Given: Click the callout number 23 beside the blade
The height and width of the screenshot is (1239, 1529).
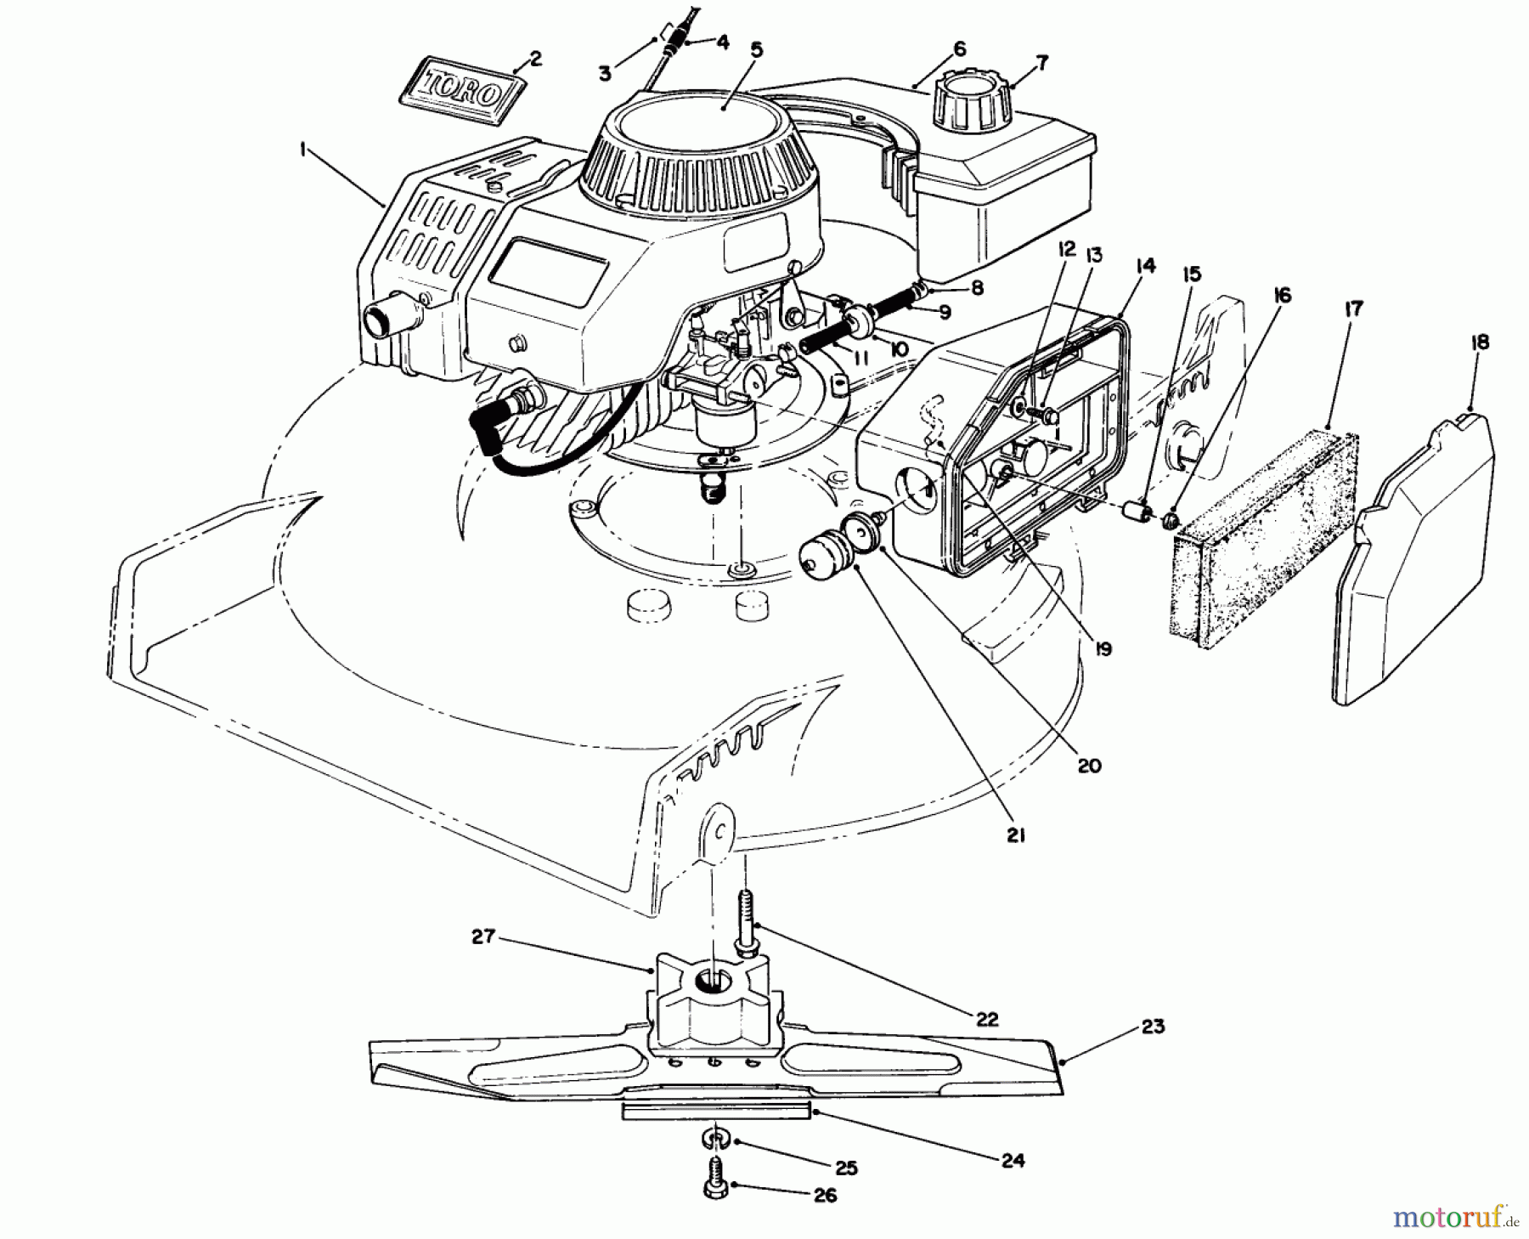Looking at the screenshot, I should pos(1153,1027).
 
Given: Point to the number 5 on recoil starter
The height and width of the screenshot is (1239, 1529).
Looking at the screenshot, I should pos(756,50).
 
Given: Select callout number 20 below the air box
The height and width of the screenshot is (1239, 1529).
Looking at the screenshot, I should pos(1089,765).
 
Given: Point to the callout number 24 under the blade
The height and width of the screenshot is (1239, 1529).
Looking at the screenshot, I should pos(1013,1159).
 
